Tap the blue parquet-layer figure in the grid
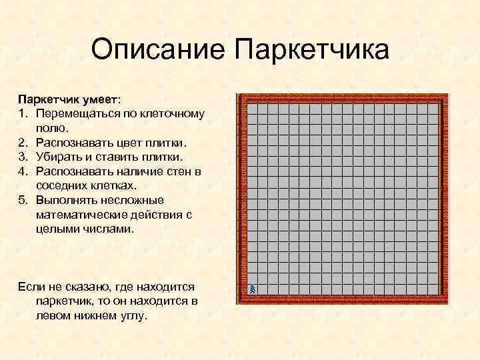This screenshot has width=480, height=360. pyautogui.click(x=253, y=289)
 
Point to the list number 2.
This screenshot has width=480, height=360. pyautogui.click(x=22, y=143)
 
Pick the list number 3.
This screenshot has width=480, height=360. pyautogui.click(x=22, y=157)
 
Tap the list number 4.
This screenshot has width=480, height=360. pyautogui.click(x=22, y=171)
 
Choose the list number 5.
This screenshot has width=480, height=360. pyautogui.click(x=22, y=200)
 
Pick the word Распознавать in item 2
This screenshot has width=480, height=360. pyautogui.click(x=74, y=143)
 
